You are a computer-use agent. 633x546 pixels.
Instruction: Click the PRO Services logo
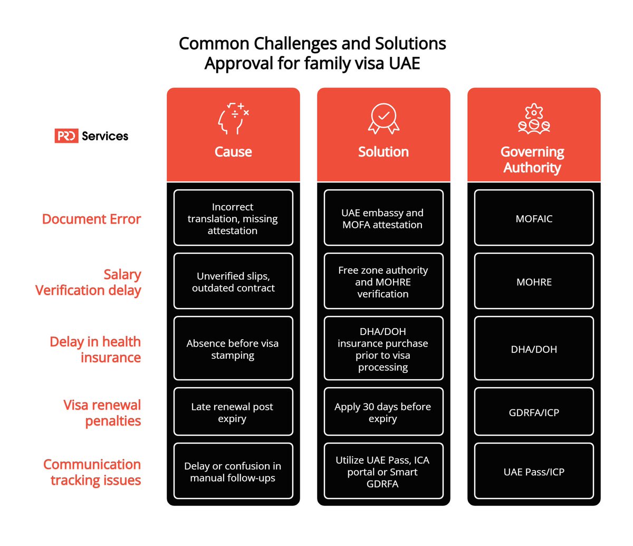coord(91,136)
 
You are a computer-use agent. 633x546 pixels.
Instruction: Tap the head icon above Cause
coord(233,119)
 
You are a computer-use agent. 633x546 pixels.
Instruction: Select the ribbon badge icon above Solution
coord(383,119)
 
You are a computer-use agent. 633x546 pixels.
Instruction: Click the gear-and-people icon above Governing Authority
coord(534,119)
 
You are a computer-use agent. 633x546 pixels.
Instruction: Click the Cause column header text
coord(233,152)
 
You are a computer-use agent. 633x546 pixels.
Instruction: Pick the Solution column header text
coord(383,152)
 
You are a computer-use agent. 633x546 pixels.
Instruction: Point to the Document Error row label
coord(91,219)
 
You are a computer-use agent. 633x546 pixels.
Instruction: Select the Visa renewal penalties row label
coord(102,413)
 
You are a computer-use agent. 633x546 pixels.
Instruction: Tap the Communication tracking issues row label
coord(92,472)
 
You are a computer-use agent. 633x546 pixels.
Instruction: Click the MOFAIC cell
coord(534,218)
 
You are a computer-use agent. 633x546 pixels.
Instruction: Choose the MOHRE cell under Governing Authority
coord(534,281)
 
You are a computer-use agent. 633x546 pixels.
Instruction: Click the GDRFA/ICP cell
coord(534,411)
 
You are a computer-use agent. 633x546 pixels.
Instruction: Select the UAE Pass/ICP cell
coord(534,471)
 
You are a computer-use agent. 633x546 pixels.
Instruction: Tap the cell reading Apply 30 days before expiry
coord(383,411)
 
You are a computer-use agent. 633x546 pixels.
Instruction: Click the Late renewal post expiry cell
coord(233,411)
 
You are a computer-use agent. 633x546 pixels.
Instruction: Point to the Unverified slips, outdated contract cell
coord(233,281)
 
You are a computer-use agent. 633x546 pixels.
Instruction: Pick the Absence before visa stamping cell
coord(233,348)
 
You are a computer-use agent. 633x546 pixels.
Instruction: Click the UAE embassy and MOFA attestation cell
coord(383,218)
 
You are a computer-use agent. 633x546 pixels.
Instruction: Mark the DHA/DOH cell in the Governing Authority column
coord(534,348)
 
